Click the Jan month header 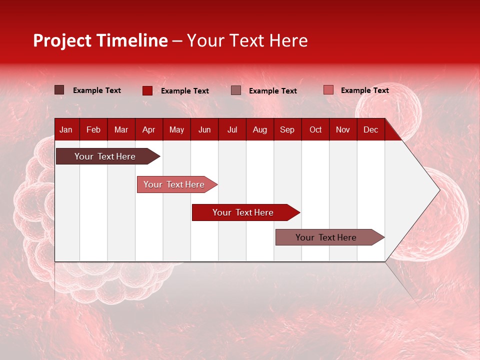(x=66, y=130)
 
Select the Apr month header (x=148, y=130)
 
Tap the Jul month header (x=232, y=130)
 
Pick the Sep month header (x=287, y=130)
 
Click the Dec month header (x=370, y=130)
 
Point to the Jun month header (x=204, y=130)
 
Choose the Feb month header (x=93, y=130)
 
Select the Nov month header (x=342, y=130)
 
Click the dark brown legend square (x=59, y=90)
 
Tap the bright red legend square (x=147, y=90)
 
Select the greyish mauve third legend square (x=236, y=90)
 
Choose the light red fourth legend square (x=328, y=90)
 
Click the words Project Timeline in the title (x=100, y=40)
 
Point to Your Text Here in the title (x=247, y=40)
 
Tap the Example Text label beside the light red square (x=364, y=90)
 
